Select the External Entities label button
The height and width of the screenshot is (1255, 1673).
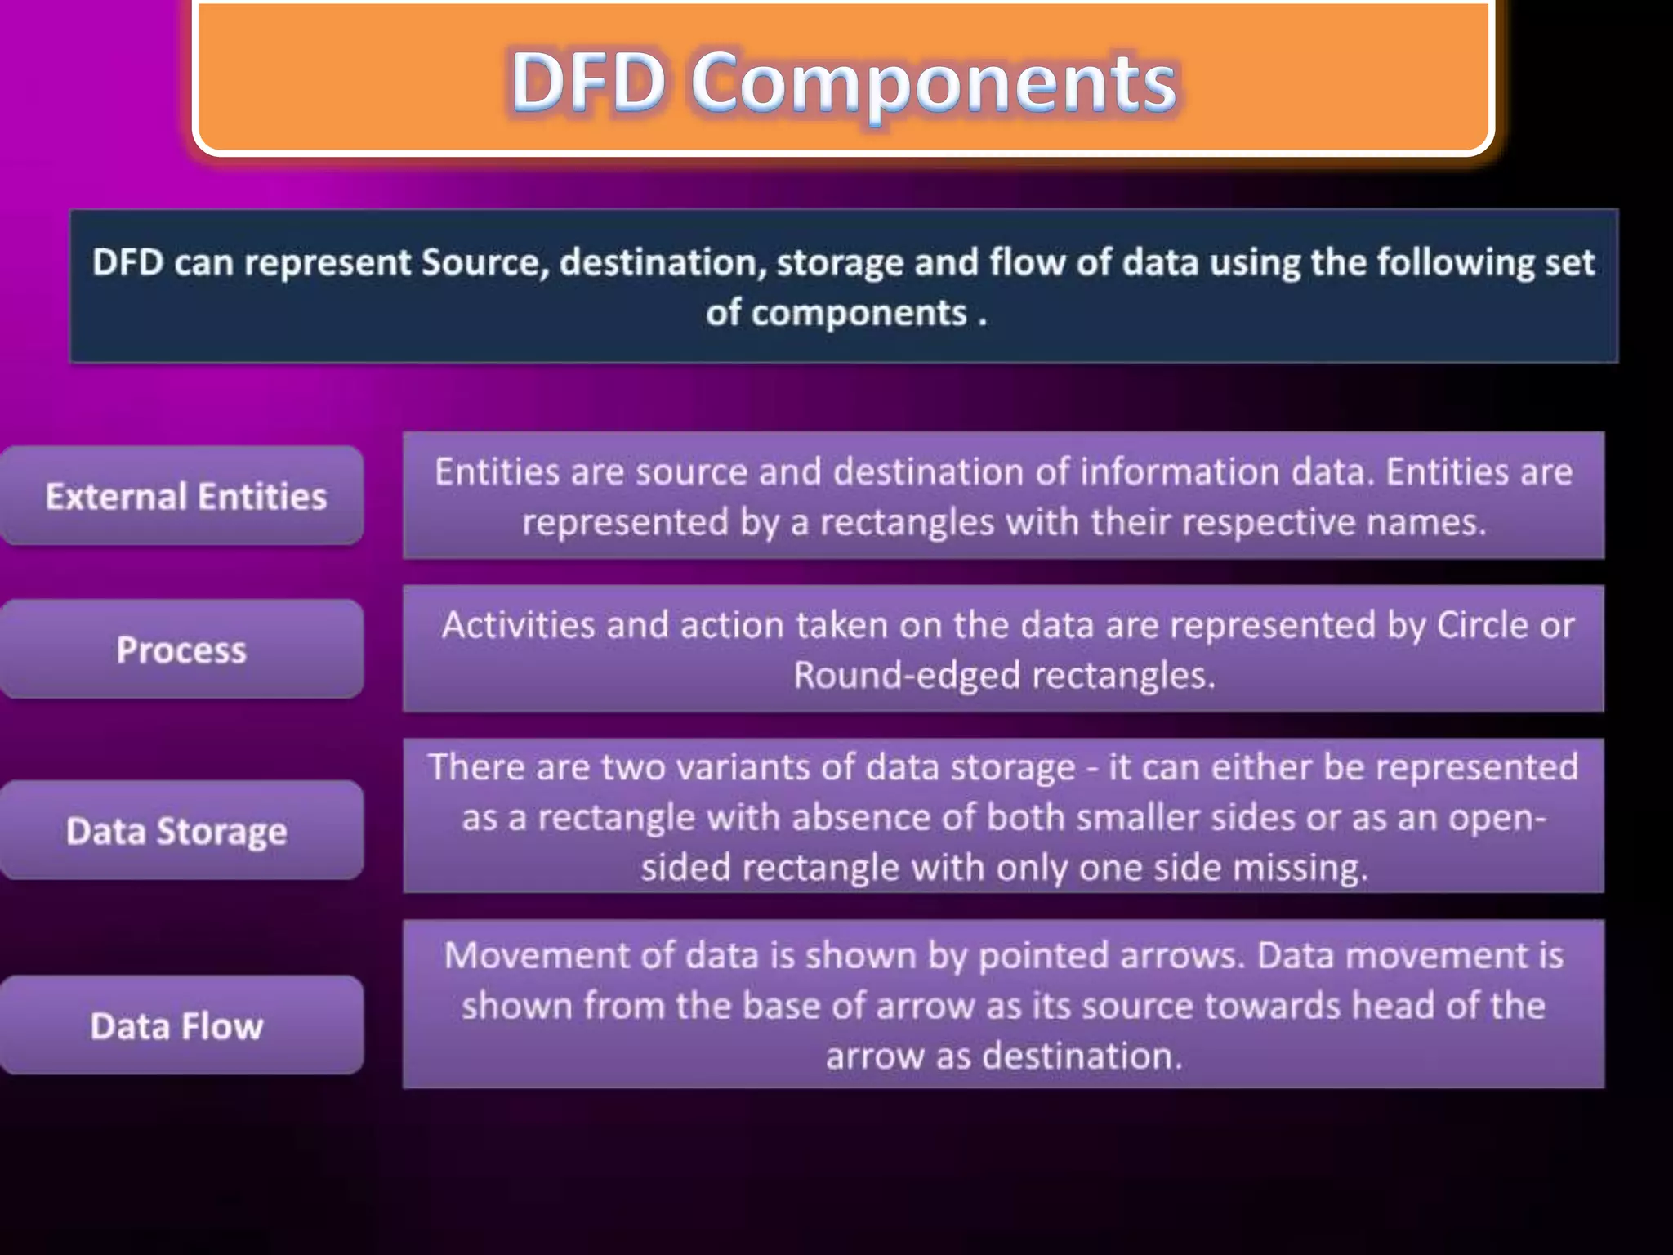click(x=182, y=496)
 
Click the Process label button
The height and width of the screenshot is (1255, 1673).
click(x=181, y=650)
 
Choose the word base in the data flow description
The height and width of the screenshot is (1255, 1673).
click(x=780, y=1006)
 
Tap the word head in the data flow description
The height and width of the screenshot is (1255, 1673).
click(x=1392, y=1006)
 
